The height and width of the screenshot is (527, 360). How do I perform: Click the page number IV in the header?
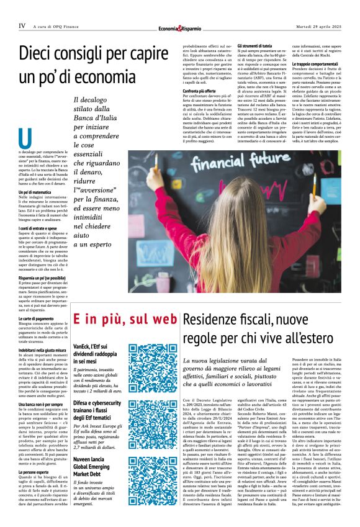click(22, 26)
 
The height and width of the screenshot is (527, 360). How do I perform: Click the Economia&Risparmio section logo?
click(179, 27)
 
